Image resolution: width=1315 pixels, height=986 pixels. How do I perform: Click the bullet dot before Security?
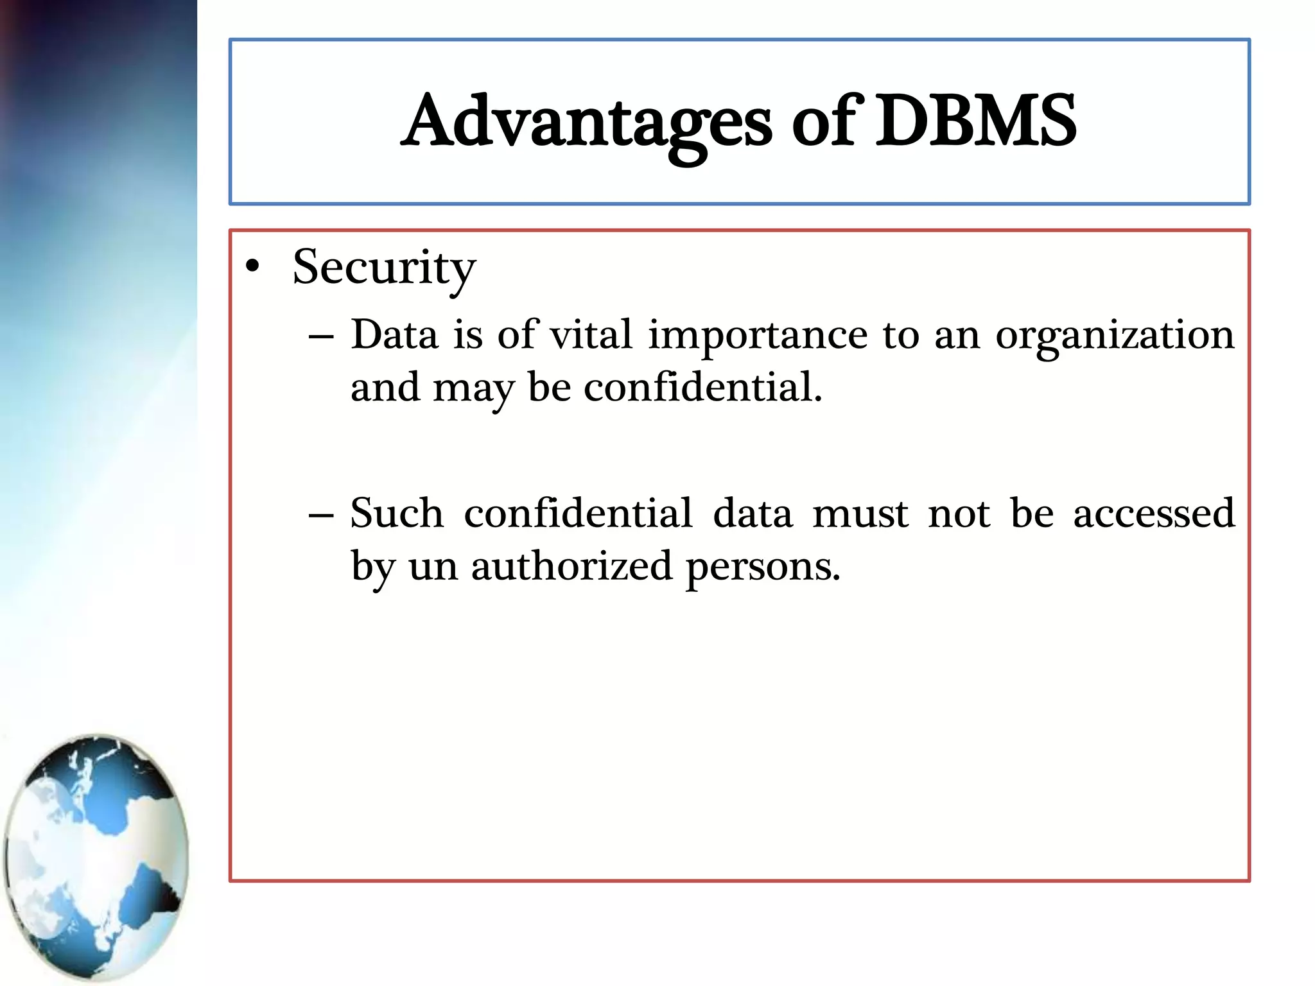tap(253, 266)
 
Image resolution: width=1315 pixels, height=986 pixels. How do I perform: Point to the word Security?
tap(384, 268)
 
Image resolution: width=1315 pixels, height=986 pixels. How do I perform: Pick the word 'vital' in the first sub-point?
tap(591, 335)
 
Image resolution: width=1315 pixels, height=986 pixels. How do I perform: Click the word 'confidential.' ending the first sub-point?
tap(703, 388)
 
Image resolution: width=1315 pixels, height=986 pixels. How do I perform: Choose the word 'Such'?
tap(397, 514)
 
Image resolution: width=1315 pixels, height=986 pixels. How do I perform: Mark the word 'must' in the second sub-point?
tap(860, 515)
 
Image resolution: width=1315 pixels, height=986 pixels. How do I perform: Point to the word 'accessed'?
tap(1154, 515)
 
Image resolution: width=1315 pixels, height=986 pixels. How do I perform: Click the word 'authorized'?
tap(571, 567)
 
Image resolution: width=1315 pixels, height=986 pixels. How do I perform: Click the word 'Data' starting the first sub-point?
tap(394, 335)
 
